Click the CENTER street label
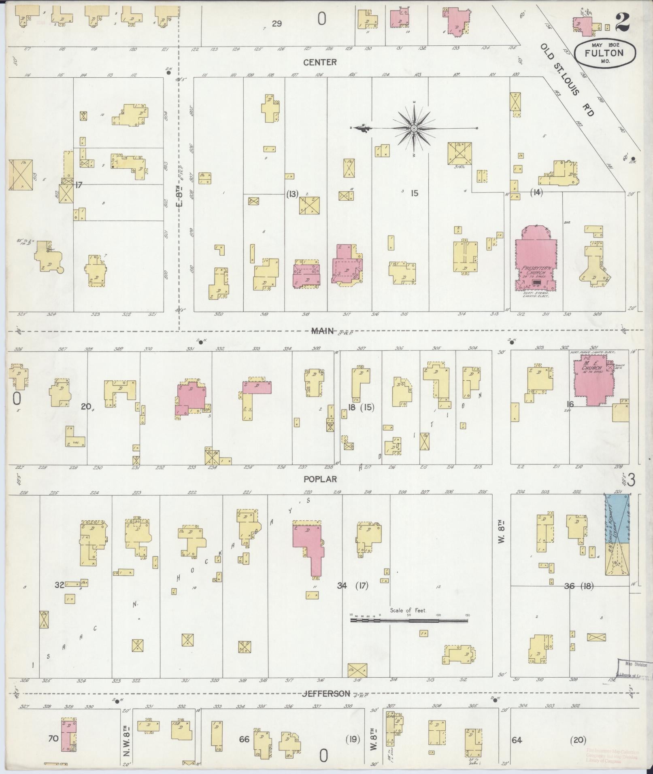coord(320,62)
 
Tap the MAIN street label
coord(322,331)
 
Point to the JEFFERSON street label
coord(326,693)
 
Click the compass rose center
coord(414,129)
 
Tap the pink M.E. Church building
coord(592,380)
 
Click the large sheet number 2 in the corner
coord(622,21)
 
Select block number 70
coord(53,739)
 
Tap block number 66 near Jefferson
coord(244,739)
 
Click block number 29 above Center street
coord(277,23)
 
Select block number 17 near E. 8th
coord(79,185)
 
